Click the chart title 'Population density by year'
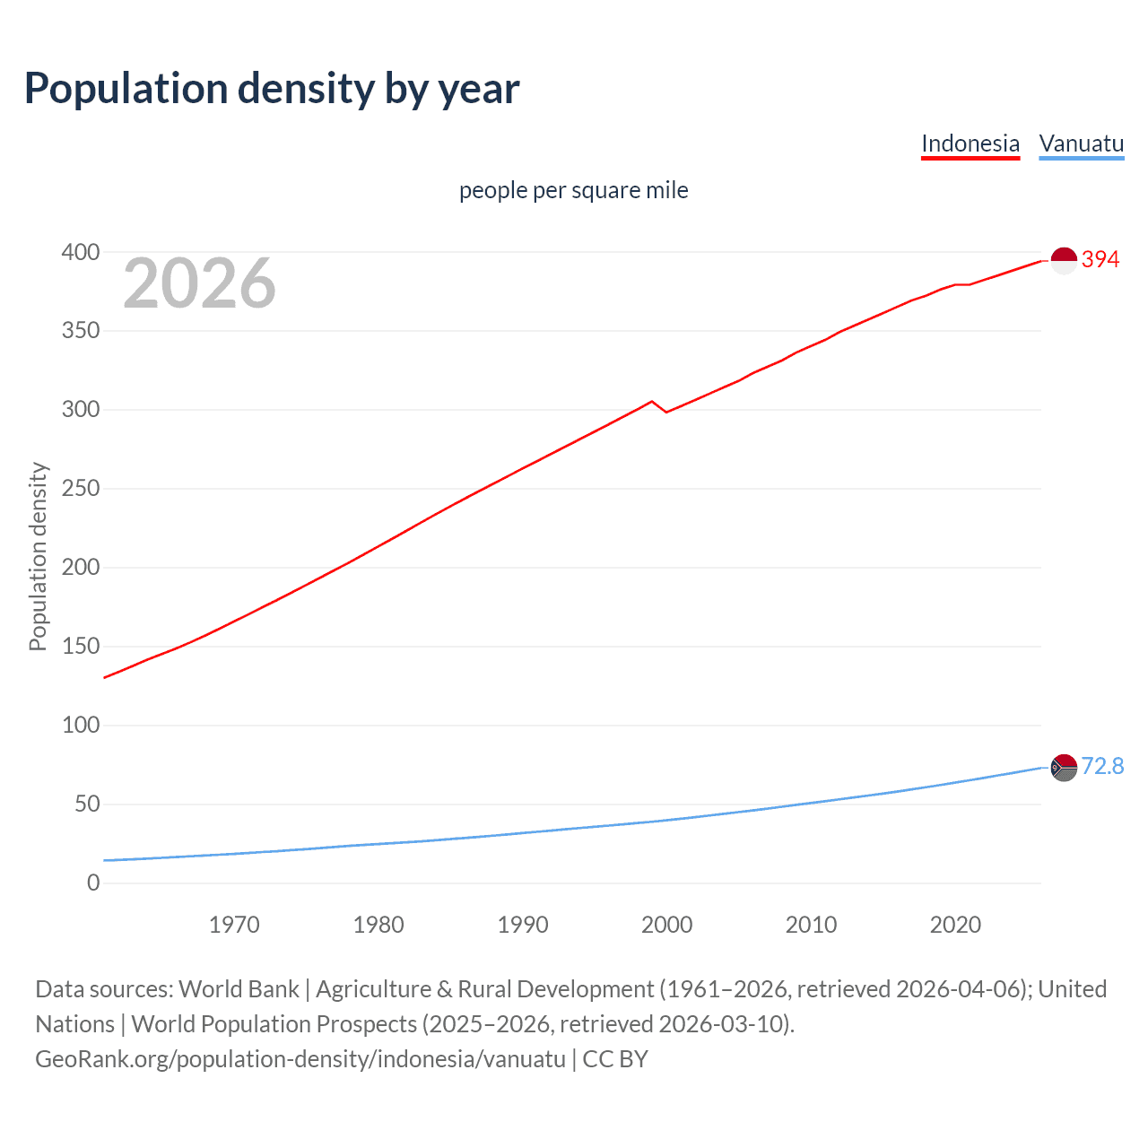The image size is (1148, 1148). click(272, 89)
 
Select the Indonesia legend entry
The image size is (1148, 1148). click(970, 143)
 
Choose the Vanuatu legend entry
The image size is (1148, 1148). click(1081, 143)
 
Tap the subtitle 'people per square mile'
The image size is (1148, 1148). click(574, 191)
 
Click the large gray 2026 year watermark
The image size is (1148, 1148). click(199, 283)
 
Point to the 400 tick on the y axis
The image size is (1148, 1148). click(81, 253)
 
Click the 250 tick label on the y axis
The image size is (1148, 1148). click(81, 490)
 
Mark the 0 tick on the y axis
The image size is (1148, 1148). click(93, 883)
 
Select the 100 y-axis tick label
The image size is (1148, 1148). click(81, 726)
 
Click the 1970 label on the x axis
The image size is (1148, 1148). click(234, 925)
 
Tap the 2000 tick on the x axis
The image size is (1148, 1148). click(666, 925)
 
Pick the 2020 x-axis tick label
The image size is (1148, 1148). click(955, 925)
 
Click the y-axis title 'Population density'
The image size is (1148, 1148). click(38, 556)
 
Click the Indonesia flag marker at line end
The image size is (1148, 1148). click(1063, 261)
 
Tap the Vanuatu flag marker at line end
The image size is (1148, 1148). click(1063, 768)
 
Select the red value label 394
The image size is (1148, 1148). click(1100, 260)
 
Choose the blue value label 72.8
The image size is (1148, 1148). click(1102, 767)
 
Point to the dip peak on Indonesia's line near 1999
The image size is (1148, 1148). click(652, 402)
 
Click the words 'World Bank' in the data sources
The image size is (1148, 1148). click(239, 989)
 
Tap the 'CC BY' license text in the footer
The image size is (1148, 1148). click(615, 1059)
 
